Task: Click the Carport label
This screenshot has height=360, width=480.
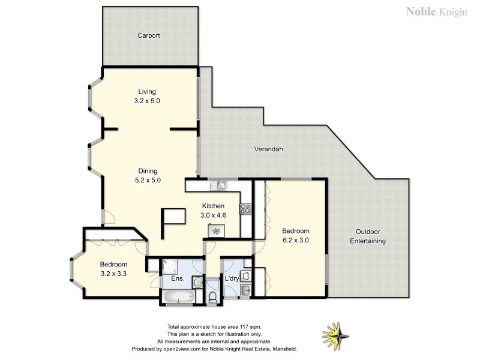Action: coord(148,35)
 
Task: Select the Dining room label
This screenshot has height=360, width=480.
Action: coord(147,171)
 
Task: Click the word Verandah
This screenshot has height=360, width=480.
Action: coord(268,149)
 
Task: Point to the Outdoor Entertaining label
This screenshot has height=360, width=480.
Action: coord(368,236)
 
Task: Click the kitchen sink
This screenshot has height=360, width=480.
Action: coord(221,185)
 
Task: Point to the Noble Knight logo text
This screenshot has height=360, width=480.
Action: coord(436,11)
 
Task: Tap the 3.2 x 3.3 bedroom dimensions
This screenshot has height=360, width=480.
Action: coord(113,273)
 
